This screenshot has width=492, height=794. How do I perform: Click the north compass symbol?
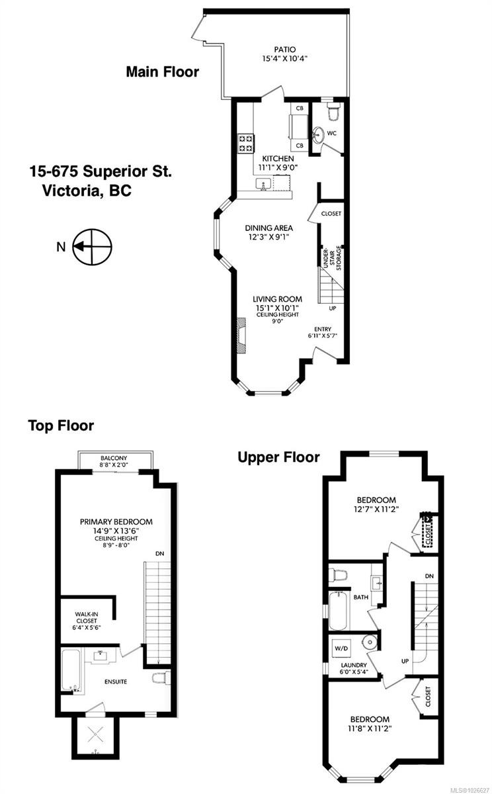(93, 247)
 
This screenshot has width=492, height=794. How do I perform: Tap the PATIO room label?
(285, 49)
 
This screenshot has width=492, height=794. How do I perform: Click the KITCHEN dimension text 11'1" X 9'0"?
(278, 168)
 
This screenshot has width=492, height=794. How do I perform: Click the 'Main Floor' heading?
(162, 72)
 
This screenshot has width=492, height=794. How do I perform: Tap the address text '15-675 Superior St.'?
(100, 172)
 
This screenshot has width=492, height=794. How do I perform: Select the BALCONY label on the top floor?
(114, 458)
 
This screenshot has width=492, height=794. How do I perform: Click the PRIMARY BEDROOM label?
(116, 521)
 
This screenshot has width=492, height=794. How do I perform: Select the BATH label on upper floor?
(361, 597)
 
